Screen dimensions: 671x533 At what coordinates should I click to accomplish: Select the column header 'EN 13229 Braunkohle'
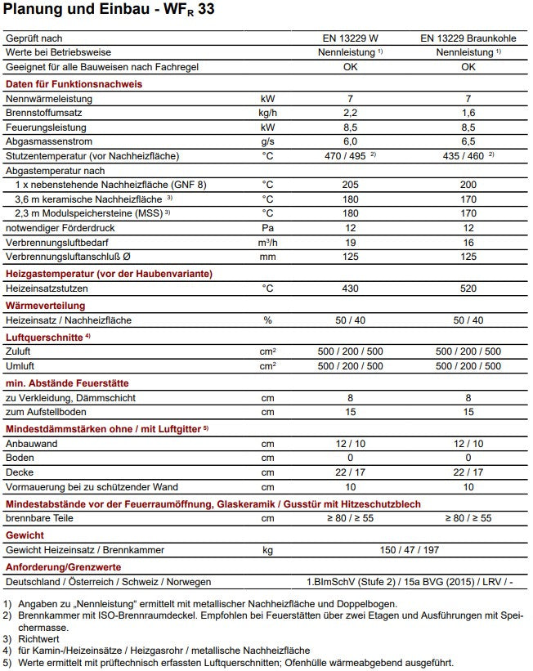468,38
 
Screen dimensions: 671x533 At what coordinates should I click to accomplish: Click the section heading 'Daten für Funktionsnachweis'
74,84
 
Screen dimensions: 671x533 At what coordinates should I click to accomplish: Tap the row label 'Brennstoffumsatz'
43,113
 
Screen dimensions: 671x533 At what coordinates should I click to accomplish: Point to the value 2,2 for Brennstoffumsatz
349,113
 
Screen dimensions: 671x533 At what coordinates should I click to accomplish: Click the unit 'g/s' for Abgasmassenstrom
267,141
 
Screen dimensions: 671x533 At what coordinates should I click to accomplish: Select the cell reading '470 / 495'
345,155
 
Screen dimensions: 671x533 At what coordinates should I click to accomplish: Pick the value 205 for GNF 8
349,185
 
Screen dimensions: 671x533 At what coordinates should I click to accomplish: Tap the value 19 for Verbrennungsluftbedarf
349,242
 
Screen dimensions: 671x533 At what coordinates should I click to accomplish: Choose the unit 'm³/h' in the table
267,242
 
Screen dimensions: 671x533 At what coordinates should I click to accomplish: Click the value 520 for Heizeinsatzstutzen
468,288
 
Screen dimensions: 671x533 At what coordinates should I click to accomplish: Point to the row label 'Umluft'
20,366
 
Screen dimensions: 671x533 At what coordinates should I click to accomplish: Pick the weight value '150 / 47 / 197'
409,550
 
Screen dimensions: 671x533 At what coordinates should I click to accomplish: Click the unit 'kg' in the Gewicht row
267,550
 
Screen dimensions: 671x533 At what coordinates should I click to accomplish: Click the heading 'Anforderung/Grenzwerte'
64,566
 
